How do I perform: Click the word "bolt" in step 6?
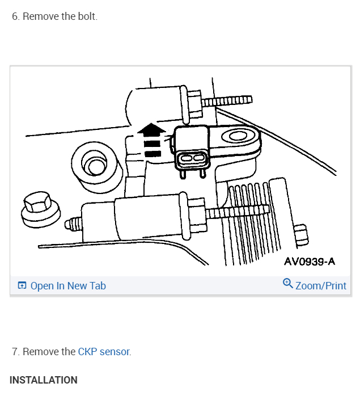tap(85, 16)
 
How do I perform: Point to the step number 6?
tap(15, 16)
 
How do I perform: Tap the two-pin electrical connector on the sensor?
tap(191, 159)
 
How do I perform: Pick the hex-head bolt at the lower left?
tap(37, 205)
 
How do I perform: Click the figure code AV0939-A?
tap(309, 261)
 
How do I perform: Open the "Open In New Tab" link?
tap(68, 286)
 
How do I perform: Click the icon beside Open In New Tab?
tap(22, 286)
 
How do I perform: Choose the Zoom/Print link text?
tap(321, 286)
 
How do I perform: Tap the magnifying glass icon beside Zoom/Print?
tap(287, 284)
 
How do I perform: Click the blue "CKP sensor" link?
tap(104, 352)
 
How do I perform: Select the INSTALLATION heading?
tap(44, 380)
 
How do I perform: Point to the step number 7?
tap(15, 352)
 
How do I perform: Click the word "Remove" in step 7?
tap(40, 352)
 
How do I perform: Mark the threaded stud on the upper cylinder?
tap(227, 101)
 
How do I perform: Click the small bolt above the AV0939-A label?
tap(301, 235)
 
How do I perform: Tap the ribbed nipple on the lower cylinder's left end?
tap(72, 223)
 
